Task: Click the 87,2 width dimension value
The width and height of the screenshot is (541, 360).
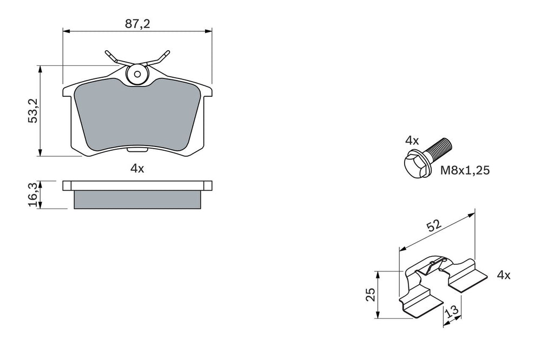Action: (137, 24)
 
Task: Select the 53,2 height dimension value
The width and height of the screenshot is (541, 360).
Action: (34, 110)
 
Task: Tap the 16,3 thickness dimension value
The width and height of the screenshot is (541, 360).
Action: (34, 195)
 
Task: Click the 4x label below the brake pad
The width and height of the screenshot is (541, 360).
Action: (137, 169)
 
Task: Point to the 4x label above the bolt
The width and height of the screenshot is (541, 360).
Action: (412, 141)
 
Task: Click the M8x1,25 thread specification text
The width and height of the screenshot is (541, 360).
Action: (465, 170)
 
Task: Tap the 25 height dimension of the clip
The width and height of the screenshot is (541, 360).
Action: (371, 294)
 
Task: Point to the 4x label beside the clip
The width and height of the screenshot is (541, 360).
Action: (503, 275)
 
